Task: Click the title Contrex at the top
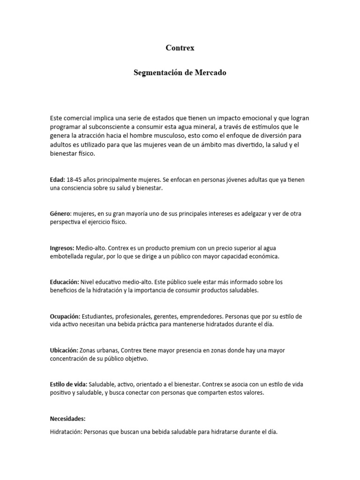pyautogui.click(x=180, y=48)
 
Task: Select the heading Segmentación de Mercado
pyautogui.click(x=180, y=73)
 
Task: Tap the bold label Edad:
pyautogui.click(x=58, y=180)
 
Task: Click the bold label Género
pyautogui.click(x=60, y=214)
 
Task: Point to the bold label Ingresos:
pyautogui.click(x=62, y=248)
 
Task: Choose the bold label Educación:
pyautogui.click(x=64, y=282)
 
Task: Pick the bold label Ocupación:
pyautogui.click(x=65, y=316)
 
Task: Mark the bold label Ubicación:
pyautogui.click(x=64, y=351)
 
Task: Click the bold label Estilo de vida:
pyautogui.click(x=68, y=385)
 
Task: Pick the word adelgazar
pyautogui.click(x=250, y=214)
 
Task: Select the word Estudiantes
pyautogui.click(x=99, y=316)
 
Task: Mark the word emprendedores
pyautogui.click(x=217, y=316)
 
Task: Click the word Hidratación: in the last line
pyautogui.click(x=66, y=432)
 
